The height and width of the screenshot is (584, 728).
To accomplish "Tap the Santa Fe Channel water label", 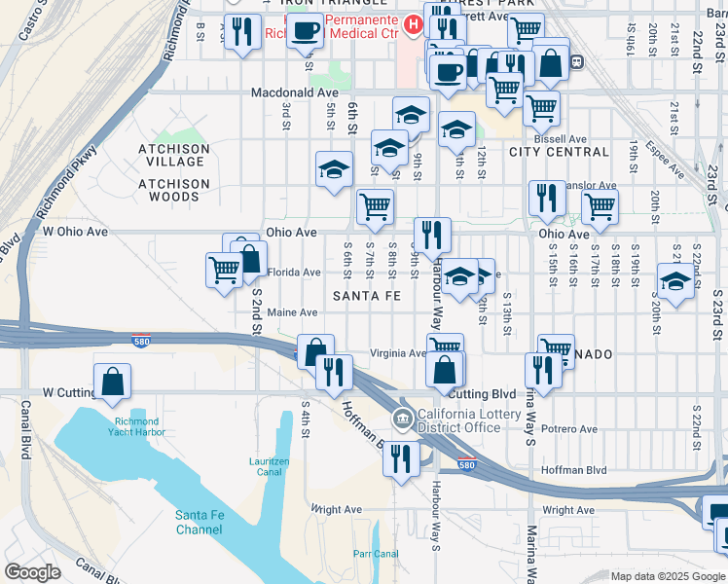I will [199, 522].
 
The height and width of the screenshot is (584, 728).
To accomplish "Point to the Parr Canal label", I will [376, 554].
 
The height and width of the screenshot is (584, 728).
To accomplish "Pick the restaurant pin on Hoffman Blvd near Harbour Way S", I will [401, 459].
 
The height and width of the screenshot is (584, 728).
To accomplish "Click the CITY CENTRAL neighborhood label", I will [559, 152].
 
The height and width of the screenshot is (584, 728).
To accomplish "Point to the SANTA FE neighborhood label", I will [368, 295].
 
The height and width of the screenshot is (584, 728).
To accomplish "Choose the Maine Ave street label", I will [293, 312].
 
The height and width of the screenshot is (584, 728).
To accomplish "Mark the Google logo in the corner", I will [32, 572].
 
